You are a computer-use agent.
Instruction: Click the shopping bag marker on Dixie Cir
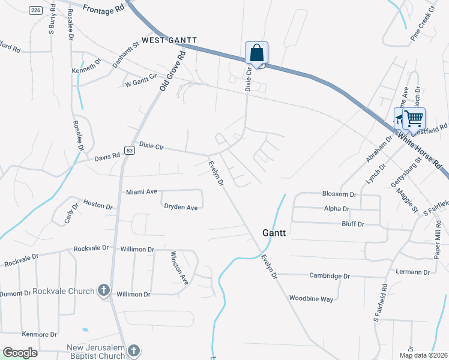pos(256,53)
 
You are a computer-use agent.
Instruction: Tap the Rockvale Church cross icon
pos(103,292)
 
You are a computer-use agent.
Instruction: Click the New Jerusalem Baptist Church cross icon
pos(134,350)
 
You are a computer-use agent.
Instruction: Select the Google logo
pos(20,353)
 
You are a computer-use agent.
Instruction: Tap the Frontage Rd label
pos(103,9)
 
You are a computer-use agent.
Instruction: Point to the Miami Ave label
pos(142,192)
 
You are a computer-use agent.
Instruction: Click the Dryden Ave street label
pos(181,208)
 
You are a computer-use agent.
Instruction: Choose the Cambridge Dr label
pos(330,276)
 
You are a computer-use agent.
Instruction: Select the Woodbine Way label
pos(311,299)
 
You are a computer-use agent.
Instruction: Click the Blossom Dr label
pos(340,194)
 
